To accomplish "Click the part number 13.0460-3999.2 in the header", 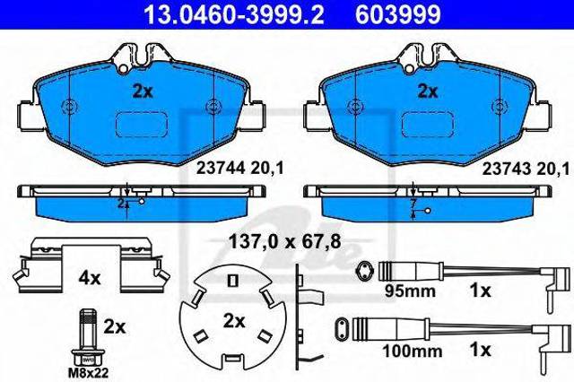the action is pos(233,14).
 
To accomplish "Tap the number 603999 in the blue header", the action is pos(398,14).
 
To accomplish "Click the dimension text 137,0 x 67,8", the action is pos(285,241).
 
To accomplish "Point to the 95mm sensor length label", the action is pos(410,291).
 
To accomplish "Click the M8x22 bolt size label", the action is pos(89,373).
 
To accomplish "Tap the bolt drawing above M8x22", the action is pos(88,337).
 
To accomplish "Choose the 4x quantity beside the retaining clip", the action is pos(90,279).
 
